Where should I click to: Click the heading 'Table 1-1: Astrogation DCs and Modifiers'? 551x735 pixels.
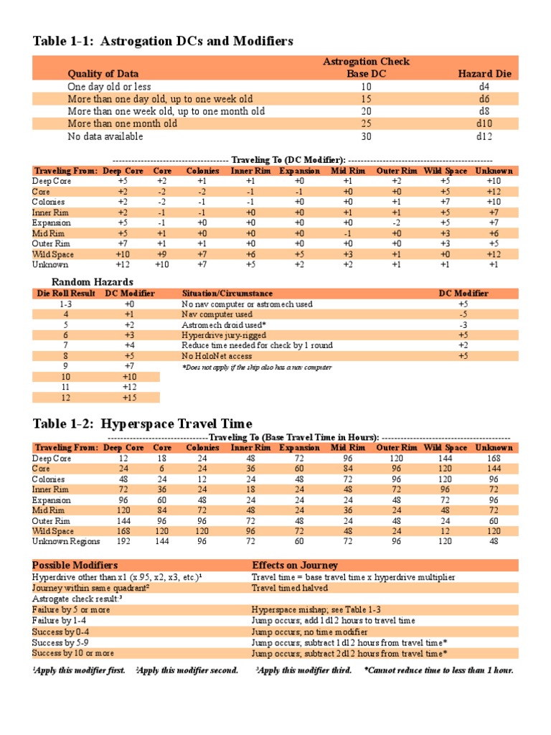click(x=163, y=42)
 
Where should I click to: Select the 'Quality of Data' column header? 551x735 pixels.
click(x=103, y=73)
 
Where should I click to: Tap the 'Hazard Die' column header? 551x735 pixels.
click(x=484, y=73)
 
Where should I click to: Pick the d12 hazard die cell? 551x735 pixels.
click(x=482, y=136)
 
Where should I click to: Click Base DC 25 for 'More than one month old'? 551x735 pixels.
click(x=366, y=123)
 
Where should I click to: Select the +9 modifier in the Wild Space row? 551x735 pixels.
click(x=162, y=254)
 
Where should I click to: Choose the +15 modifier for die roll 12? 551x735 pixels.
click(x=129, y=398)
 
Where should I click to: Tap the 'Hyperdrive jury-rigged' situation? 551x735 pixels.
click(x=224, y=335)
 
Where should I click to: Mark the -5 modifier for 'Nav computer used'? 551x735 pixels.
click(x=463, y=314)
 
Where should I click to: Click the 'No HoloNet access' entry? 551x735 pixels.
click(x=217, y=356)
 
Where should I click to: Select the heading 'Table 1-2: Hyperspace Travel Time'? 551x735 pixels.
click(x=142, y=424)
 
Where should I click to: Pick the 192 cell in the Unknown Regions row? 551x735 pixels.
click(x=123, y=541)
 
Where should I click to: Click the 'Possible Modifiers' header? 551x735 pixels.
click(x=75, y=566)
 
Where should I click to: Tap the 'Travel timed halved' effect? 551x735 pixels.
click(x=290, y=588)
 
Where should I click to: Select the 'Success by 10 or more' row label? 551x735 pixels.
click(x=74, y=654)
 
